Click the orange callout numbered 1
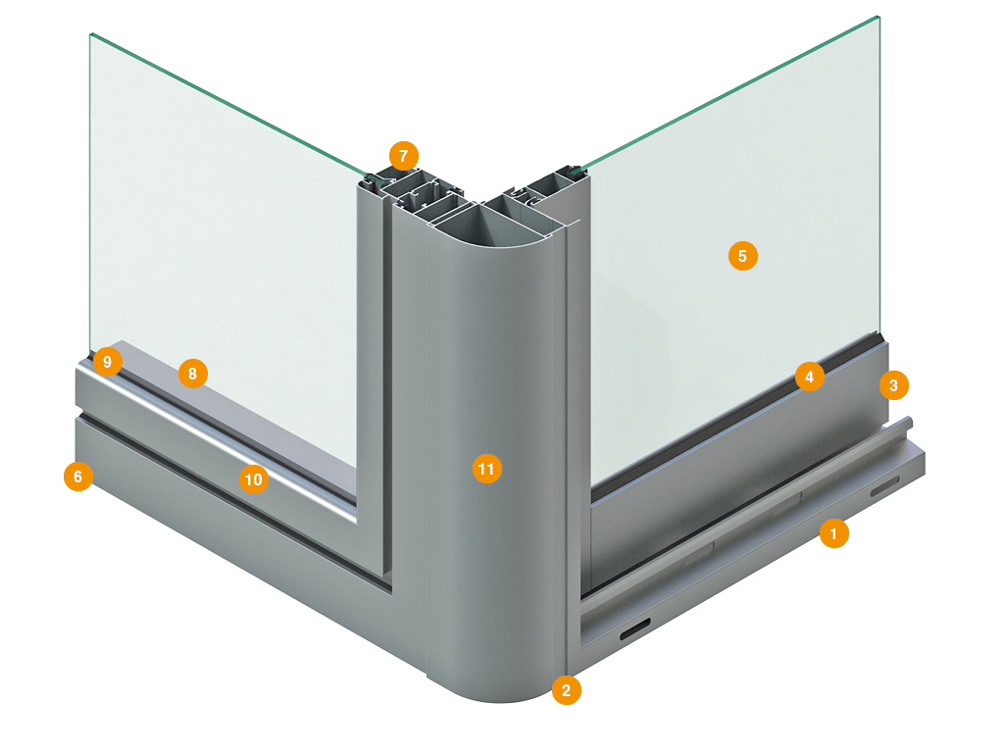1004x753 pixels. click(x=833, y=533)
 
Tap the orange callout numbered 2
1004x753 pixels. click(x=566, y=690)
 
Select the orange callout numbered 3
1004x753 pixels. click(x=893, y=385)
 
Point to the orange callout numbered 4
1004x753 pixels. click(x=809, y=377)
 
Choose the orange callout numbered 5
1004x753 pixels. click(x=743, y=256)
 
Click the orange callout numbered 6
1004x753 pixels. click(x=78, y=477)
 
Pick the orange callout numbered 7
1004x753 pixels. click(x=403, y=156)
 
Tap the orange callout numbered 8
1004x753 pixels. click(x=193, y=374)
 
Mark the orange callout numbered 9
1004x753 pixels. click(x=108, y=362)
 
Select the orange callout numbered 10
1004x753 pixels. click(x=254, y=479)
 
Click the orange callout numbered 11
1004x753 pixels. click(x=486, y=469)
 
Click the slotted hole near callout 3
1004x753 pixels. click(x=884, y=485)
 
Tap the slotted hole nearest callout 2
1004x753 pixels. click(x=634, y=628)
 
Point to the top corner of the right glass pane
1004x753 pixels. click(x=878, y=17)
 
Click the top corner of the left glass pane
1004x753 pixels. click(x=91, y=34)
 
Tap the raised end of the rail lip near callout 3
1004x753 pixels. click(x=909, y=422)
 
